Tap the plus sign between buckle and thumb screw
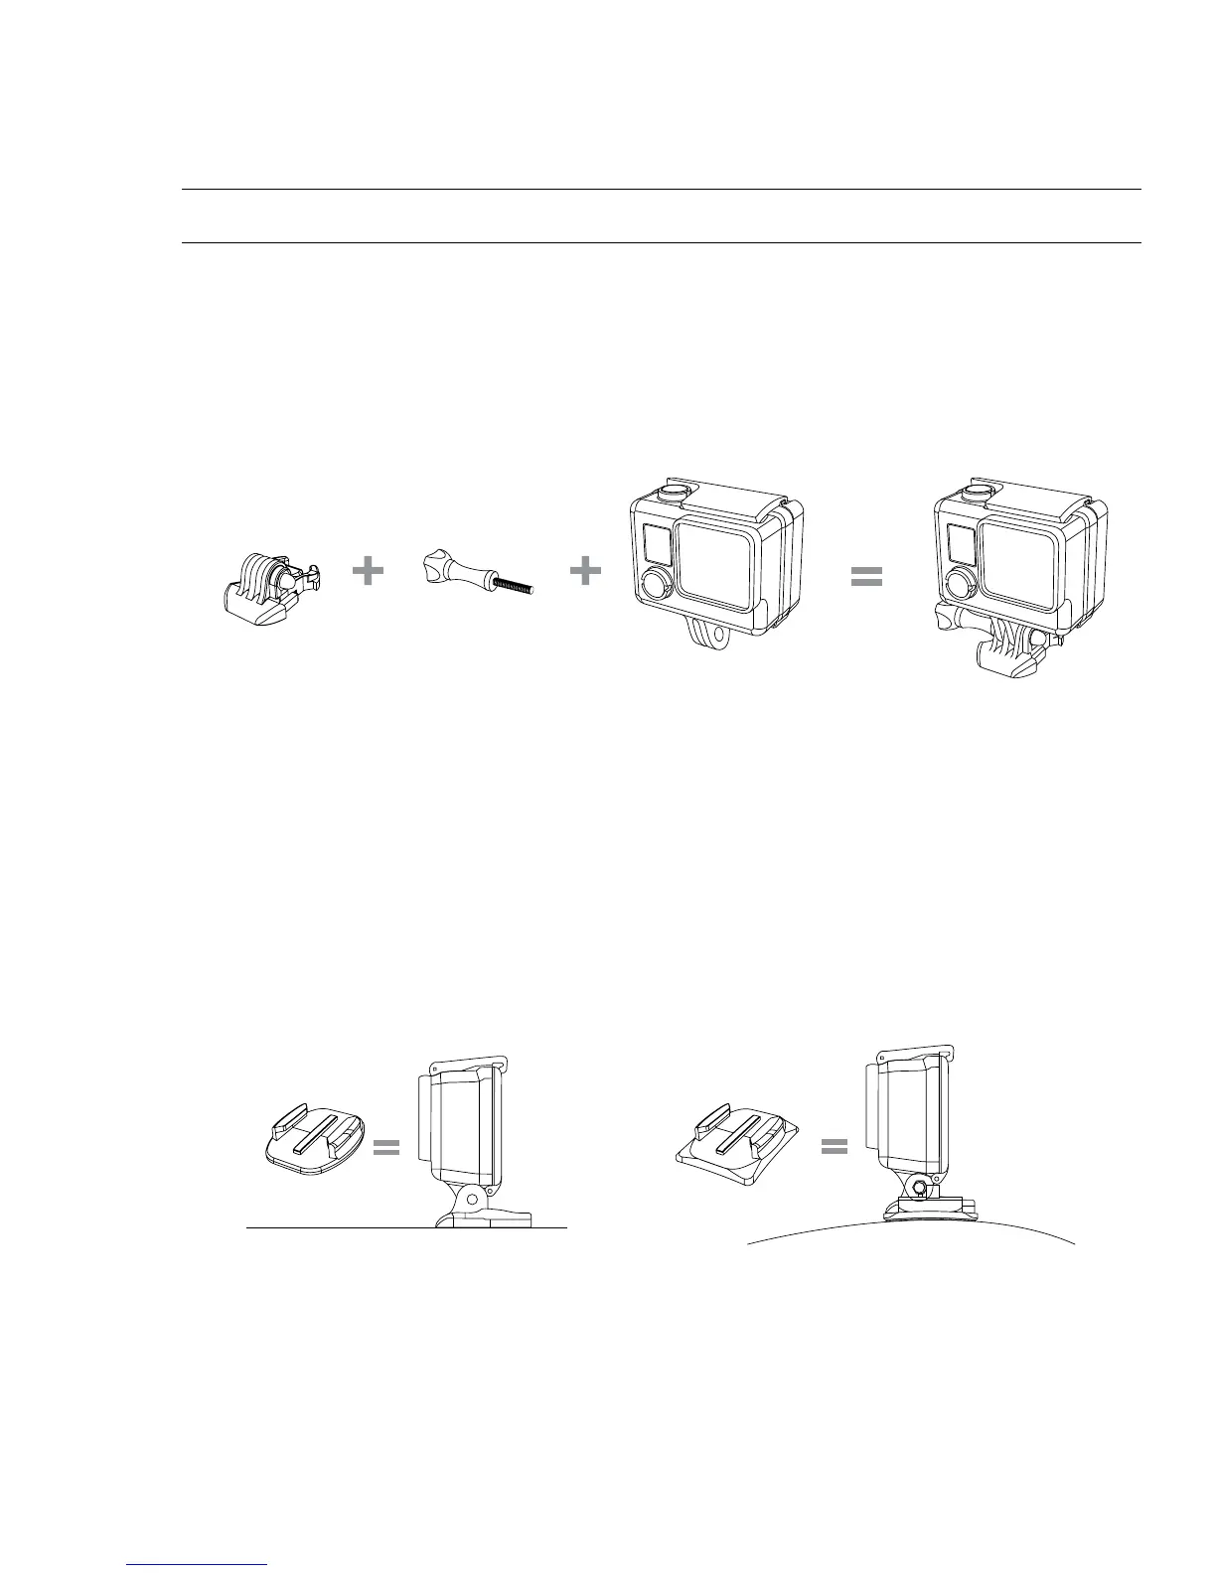click(x=369, y=571)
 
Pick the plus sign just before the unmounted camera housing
click(x=585, y=571)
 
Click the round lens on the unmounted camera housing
click(x=655, y=585)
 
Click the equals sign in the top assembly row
click(x=867, y=577)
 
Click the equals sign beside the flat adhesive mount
click(x=386, y=1149)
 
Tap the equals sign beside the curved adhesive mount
click(x=835, y=1147)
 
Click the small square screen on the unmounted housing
click(x=656, y=543)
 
